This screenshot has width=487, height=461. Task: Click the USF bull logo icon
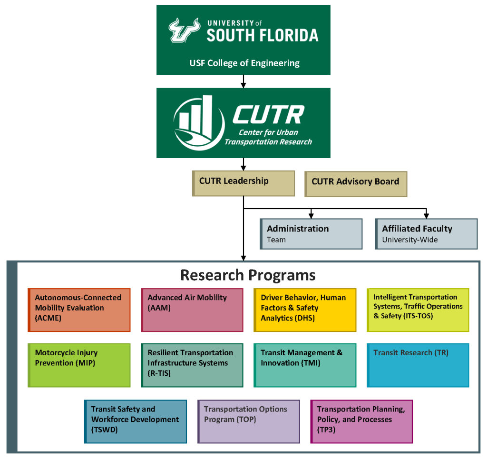pos(184,30)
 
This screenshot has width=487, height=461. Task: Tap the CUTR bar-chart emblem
pos(199,123)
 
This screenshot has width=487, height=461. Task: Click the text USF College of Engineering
pos(244,63)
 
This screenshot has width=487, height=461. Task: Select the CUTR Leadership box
pos(243,183)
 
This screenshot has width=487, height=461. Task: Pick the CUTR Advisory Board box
pos(356,184)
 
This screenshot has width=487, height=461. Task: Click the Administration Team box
pos(311,234)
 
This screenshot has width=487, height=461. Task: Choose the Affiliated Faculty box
pos(427,234)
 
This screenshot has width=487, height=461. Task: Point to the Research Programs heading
pos(248,275)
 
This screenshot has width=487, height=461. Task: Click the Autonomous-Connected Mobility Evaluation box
pos(79,310)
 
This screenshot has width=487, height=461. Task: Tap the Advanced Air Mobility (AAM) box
pos(192,310)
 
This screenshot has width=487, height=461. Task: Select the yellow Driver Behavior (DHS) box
pos(305,310)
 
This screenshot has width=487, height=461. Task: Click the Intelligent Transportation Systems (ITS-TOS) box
pos(418,310)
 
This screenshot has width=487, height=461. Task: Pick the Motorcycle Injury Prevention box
pos(79,365)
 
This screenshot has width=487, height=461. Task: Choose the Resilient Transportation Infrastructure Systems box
pos(192,365)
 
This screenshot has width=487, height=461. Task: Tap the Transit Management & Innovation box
pos(305,365)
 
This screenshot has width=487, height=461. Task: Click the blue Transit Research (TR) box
pos(418,365)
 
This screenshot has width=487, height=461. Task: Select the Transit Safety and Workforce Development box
pos(136,421)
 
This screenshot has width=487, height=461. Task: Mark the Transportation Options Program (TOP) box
pos(249,421)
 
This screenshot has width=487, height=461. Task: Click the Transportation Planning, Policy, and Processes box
pos(361,421)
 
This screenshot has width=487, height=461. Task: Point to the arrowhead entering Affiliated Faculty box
pos(427,216)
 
